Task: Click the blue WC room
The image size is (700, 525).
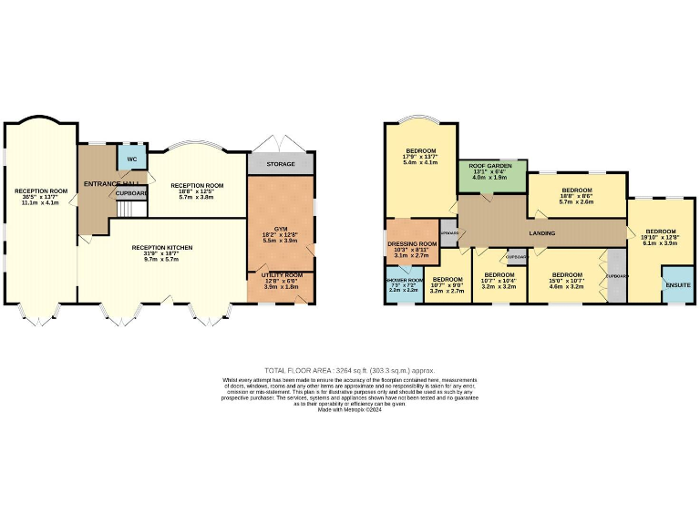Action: [x=131, y=158]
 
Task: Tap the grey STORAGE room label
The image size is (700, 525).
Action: [x=280, y=165]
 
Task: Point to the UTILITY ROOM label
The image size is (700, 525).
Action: [x=281, y=280]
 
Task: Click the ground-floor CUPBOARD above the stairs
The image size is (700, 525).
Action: [x=131, y=193]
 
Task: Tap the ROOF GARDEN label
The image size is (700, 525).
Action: [x=492, y=166]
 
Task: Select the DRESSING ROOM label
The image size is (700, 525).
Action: [x=413, y=244]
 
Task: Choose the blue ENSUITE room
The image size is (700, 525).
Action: [x=677, y=284]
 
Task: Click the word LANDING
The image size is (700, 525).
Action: [x=541, y=233]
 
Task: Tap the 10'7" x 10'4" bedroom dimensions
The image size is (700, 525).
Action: [x=499, y=286]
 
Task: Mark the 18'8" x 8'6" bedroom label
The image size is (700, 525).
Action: [x=575, y=195]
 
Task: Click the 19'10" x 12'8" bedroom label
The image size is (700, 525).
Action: [x=661, y=237]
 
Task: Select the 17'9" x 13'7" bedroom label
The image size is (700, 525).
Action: [x=420, y=156]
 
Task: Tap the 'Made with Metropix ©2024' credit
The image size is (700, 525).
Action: [x=350, y=410]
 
